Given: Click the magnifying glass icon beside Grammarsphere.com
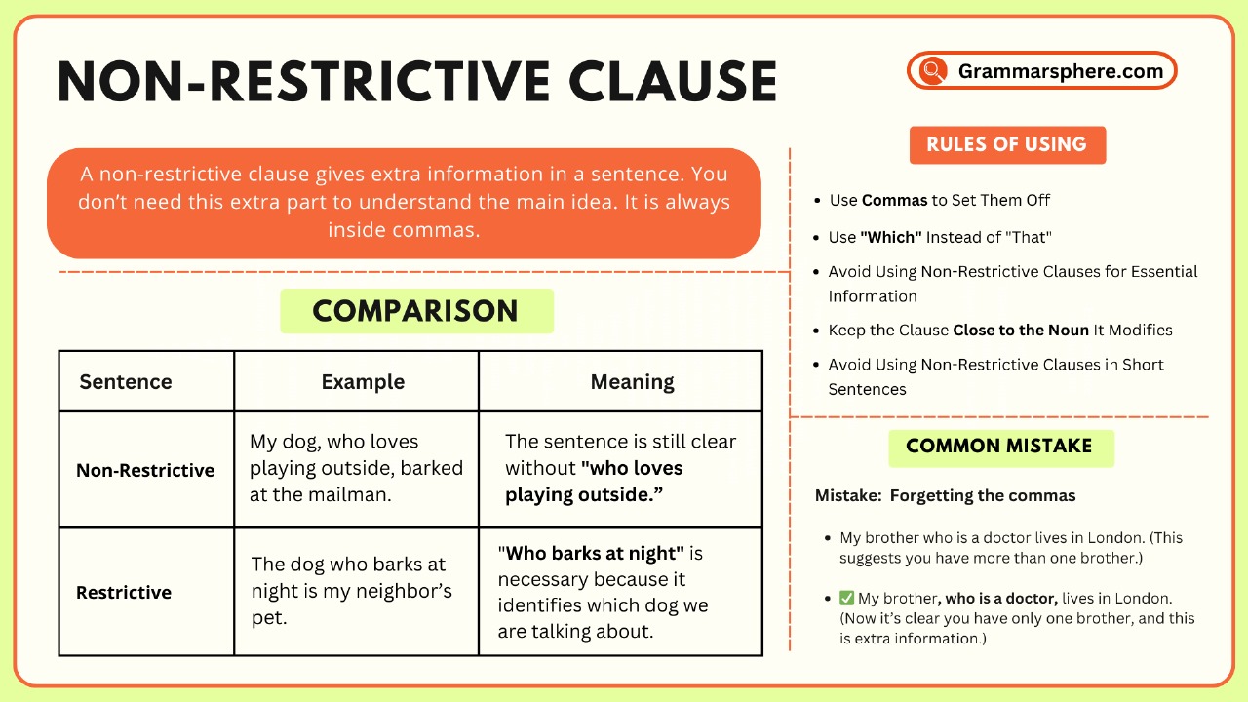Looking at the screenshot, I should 933,70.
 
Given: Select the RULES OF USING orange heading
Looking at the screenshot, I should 1006,144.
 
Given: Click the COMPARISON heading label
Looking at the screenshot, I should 415,311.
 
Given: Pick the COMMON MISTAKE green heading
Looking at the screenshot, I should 998,447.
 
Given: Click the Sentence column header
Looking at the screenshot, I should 126,382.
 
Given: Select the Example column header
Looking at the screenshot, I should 363,382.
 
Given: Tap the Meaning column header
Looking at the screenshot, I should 632,382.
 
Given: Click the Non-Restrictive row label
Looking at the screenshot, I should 145,470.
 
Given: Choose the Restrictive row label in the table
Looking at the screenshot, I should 124,592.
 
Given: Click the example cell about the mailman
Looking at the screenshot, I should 356,468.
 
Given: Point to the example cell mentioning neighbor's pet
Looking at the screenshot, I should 351,591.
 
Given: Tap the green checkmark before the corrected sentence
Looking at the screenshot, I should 846,599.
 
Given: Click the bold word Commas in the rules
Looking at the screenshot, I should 894,200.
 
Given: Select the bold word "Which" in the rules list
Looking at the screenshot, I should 890,237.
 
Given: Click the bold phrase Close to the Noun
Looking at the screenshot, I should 1021,330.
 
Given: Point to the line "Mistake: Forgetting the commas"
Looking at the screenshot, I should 945,495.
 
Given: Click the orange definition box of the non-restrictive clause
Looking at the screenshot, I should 404,202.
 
